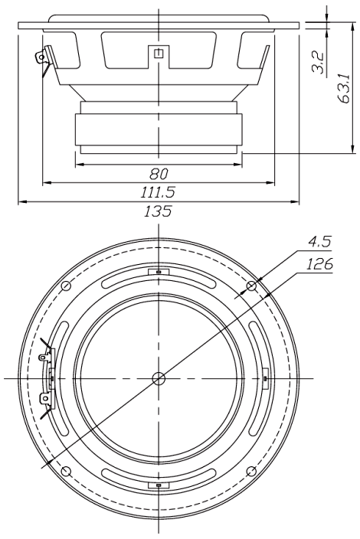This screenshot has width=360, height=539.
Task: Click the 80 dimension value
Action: coord(159,175)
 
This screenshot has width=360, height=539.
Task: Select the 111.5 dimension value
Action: coord(158,192)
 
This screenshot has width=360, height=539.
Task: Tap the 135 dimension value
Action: coord(158,211)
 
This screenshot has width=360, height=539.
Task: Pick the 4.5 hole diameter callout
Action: coord(319,242)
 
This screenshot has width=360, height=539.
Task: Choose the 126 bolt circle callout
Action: coord(319,264)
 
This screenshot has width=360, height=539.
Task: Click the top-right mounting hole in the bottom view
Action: coord(252,286)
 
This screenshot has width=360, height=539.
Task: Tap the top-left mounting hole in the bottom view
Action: coord(66,286)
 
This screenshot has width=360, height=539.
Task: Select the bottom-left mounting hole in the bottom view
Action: coord(66,472)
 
